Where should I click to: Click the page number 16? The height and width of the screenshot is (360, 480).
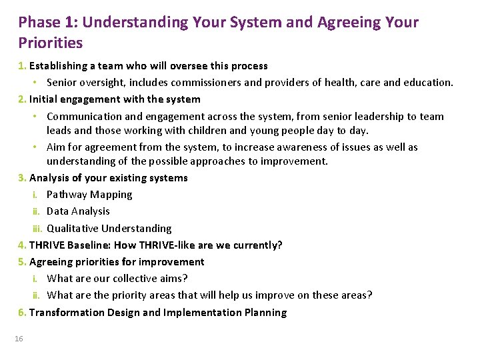point(19,339)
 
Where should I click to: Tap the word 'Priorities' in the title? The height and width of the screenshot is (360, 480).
point(51,43)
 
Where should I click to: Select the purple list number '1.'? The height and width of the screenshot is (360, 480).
point(23,66)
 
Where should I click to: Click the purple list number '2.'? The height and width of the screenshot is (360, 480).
point(23,99)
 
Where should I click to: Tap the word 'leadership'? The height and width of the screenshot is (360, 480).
point(345,116)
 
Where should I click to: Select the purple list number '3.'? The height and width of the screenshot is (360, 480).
point(23,178)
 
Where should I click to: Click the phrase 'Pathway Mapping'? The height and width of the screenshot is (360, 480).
point(89,195)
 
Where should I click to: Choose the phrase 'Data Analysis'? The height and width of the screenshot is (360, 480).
point(78,211)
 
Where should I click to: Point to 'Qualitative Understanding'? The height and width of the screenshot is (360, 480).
point(109,229)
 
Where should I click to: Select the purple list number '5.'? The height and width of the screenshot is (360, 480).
point(23,262)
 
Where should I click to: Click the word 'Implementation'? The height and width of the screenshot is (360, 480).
point(200,313)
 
